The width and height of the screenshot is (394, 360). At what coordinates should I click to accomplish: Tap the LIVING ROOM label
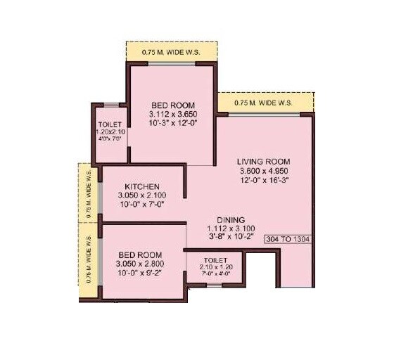point(265,161)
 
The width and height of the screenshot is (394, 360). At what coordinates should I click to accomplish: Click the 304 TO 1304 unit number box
point(288,239)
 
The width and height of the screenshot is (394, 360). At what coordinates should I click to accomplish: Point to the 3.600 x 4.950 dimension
point(265,170)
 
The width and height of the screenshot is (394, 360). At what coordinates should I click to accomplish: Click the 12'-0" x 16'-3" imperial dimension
point(265,179)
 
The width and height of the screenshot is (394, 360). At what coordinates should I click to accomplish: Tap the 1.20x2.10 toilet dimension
point(111,131)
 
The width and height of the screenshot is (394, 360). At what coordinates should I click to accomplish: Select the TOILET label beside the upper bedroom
point(111,124)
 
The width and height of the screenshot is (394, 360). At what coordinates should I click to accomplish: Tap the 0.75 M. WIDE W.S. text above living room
point(265,103)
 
